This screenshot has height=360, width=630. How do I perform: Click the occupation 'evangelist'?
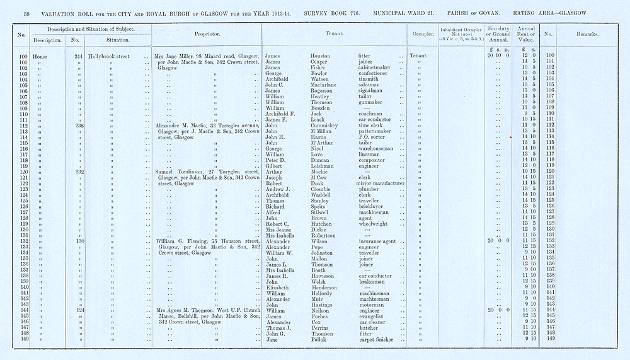pos(372,316)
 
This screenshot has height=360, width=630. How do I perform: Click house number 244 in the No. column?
pos(79,56)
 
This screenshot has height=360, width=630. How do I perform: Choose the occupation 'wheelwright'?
pos(374,223)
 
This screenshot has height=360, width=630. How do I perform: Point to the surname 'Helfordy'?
pos(324,293)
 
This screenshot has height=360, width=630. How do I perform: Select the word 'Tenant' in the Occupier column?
pos(418,56)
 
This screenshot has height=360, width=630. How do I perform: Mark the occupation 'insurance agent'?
pos(377,241)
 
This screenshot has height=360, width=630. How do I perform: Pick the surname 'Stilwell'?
pos(324,212)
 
